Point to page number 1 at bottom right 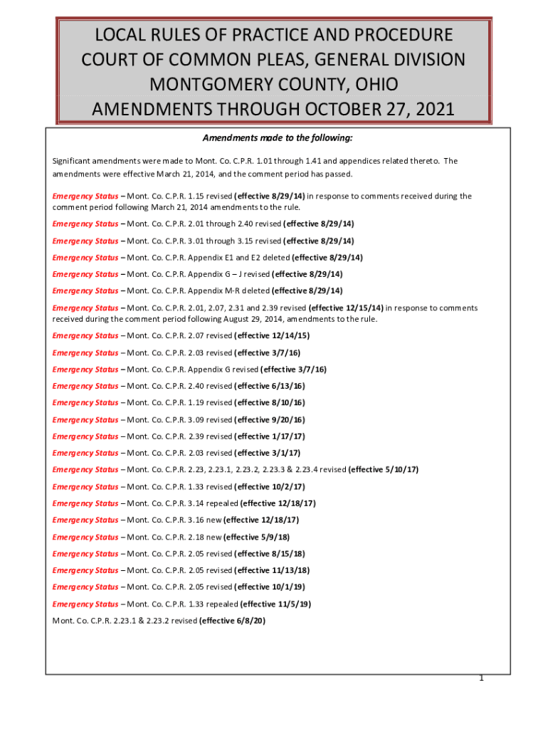click(482, 678)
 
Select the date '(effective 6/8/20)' click(232, 621)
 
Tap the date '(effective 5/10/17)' click(384, 470)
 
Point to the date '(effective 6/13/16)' click(270, 386)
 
